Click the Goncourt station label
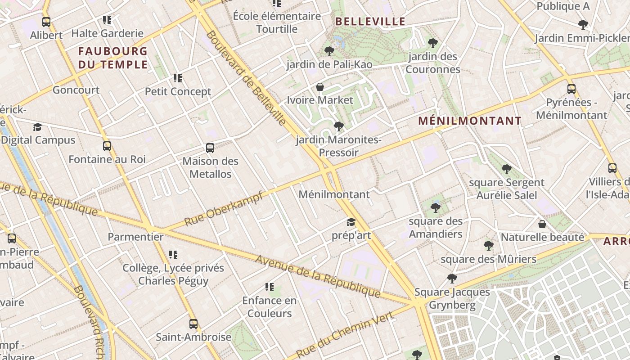[76, 90]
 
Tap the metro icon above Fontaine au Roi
[107, 146]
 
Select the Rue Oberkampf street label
[224, 209]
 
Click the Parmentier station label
[135, 237]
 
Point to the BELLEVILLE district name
[370, 22]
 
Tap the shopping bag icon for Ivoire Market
[320, 87]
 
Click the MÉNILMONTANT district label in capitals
[470, 121]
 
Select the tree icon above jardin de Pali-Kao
[329, 51]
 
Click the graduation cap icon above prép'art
[351, 222]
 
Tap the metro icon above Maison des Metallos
[210, 148]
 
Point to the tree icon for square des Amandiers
[435, 208]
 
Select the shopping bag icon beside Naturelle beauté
[542, 224]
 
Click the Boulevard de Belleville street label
[246, 78]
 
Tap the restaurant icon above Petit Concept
[178, 78]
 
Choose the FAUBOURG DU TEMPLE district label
[113, 58]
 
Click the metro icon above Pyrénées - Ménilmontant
[571, 89]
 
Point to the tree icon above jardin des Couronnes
[432, 43]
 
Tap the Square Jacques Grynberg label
[452, 298]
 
